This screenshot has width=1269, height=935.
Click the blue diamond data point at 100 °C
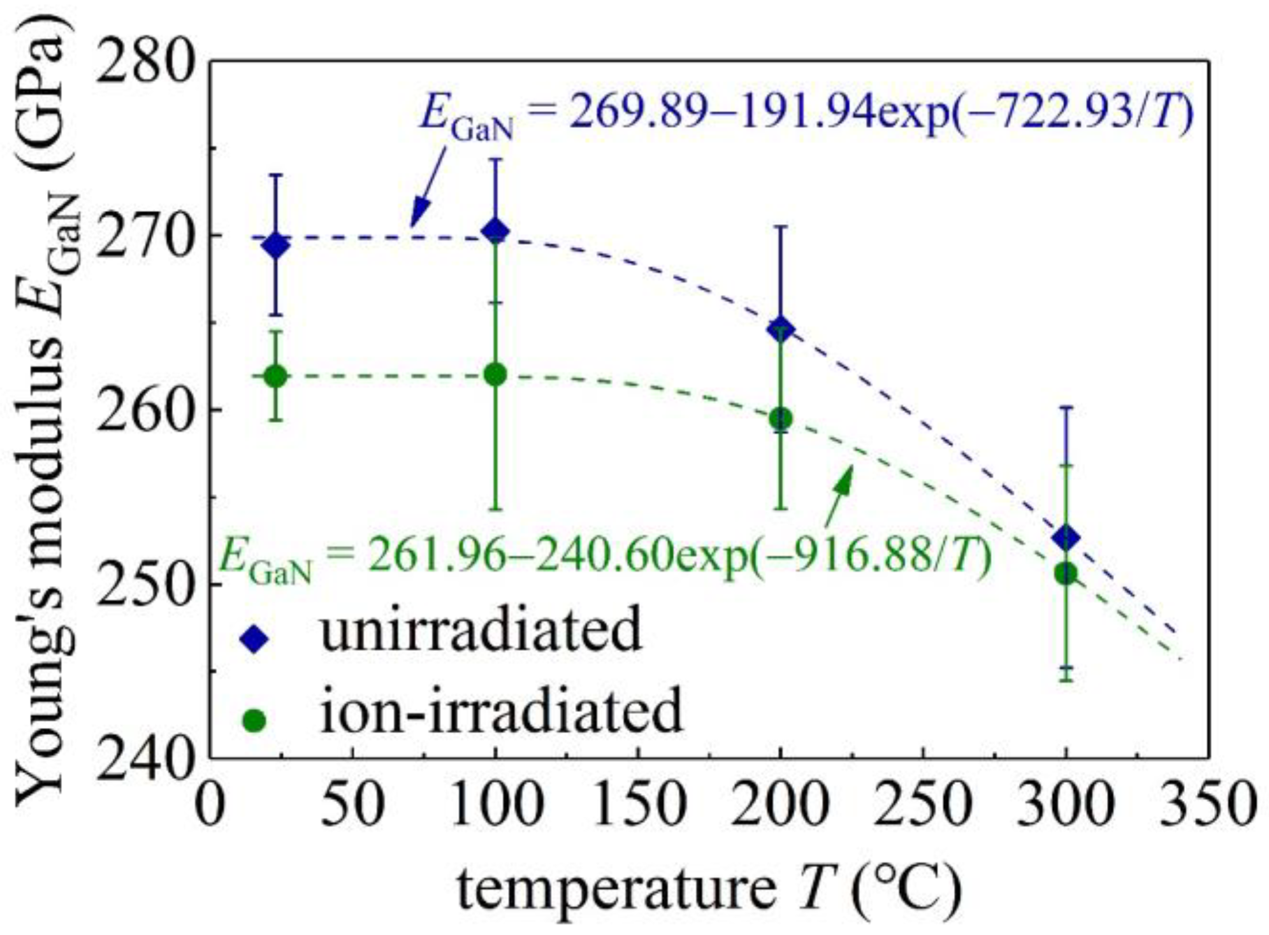[496, 231]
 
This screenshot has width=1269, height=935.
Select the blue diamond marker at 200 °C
[781, 329]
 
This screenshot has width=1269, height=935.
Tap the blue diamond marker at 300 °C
[1066, 538]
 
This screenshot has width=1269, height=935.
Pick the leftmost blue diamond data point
[275, 245]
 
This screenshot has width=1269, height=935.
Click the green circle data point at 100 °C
[496, 375]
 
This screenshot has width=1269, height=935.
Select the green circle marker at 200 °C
[781, 418]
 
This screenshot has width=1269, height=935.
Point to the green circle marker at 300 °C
[1066, 573]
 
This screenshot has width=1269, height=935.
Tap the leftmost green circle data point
[275, 376]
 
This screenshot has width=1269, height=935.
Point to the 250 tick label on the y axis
[145, 585]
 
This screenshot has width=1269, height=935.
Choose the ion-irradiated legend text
[501, 710]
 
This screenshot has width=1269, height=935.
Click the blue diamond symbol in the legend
[254, 638]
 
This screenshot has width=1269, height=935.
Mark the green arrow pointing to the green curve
[838, 496]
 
